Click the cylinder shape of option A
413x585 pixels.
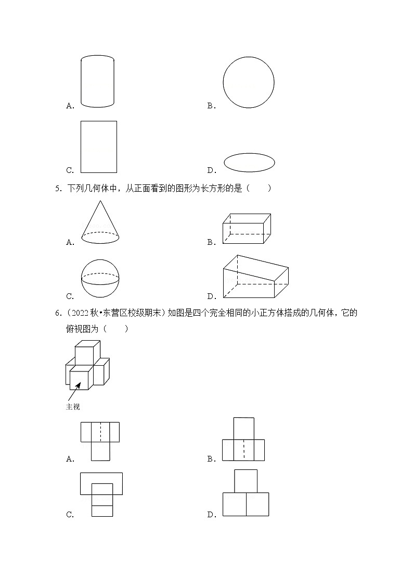[97, 82]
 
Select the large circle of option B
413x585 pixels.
[248, 82]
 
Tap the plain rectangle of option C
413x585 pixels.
[98, 146]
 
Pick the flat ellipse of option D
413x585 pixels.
[249, 162]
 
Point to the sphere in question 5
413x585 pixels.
[100, 278]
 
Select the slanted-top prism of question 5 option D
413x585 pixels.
[255, 278]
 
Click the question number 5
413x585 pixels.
[58, 189]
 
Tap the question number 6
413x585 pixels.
[58, 314]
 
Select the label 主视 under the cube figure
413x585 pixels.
[73, 407]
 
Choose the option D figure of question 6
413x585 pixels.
[246, 493]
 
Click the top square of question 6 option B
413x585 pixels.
[243, 428]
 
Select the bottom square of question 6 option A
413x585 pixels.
[101, 451]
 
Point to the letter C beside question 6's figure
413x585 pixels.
[70, 515]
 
